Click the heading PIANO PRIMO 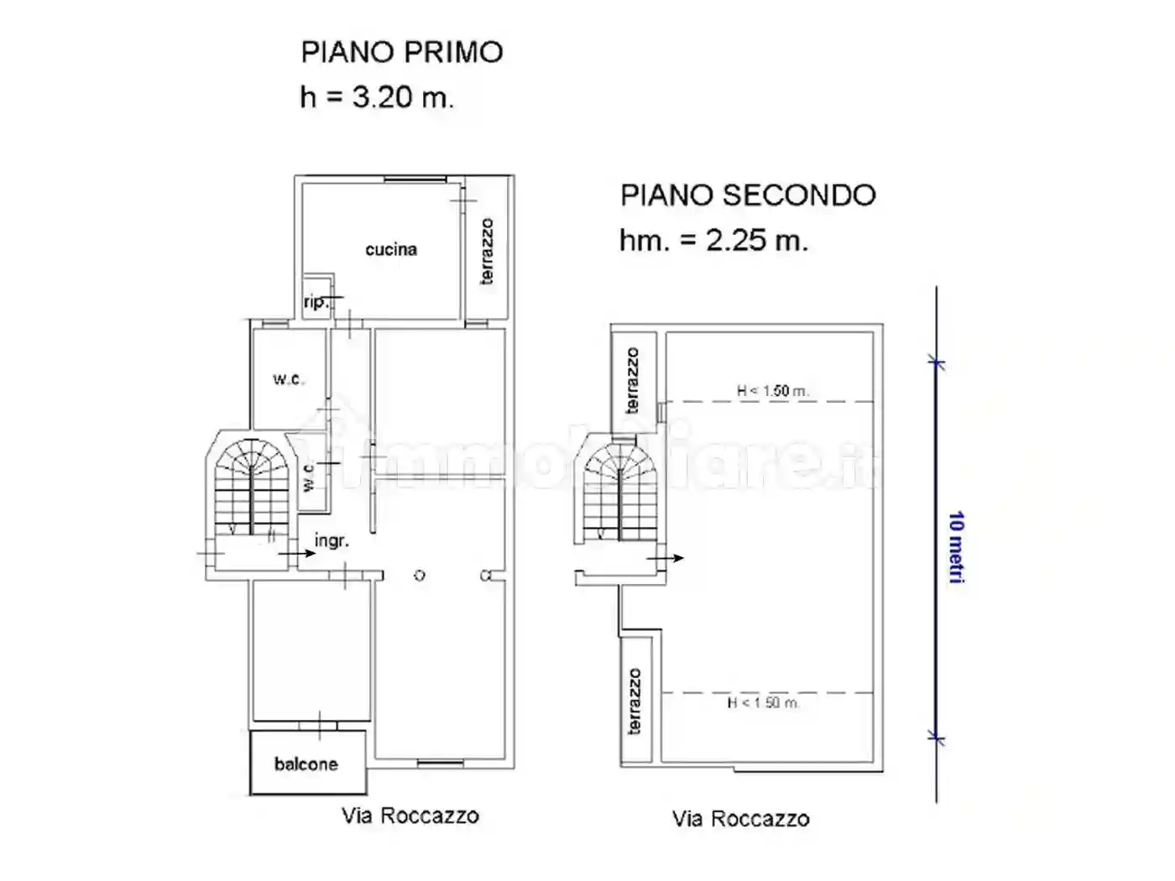[x=402, y=52]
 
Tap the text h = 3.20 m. [x=377, y=97]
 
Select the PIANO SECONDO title [x=748, y=195]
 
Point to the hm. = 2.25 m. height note [x=713, y=241]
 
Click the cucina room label [x=391, y=249]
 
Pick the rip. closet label [x=316, y=302]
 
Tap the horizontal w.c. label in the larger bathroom [x=288, y=379]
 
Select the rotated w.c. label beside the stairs [x=308, y=477]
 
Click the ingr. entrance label [x=332, y=541]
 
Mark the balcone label [x=306, y=764]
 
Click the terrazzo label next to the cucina [x=487, y=252]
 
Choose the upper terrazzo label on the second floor [x=633, y=380]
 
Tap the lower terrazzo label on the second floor [x=634, y=701]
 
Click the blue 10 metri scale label [x=956, y=548]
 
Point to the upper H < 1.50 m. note [x=772, y=391]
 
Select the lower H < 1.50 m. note [x=763, y=703]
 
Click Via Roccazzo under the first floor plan [x=410, y=816]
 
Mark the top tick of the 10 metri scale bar [x=937, y=363]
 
